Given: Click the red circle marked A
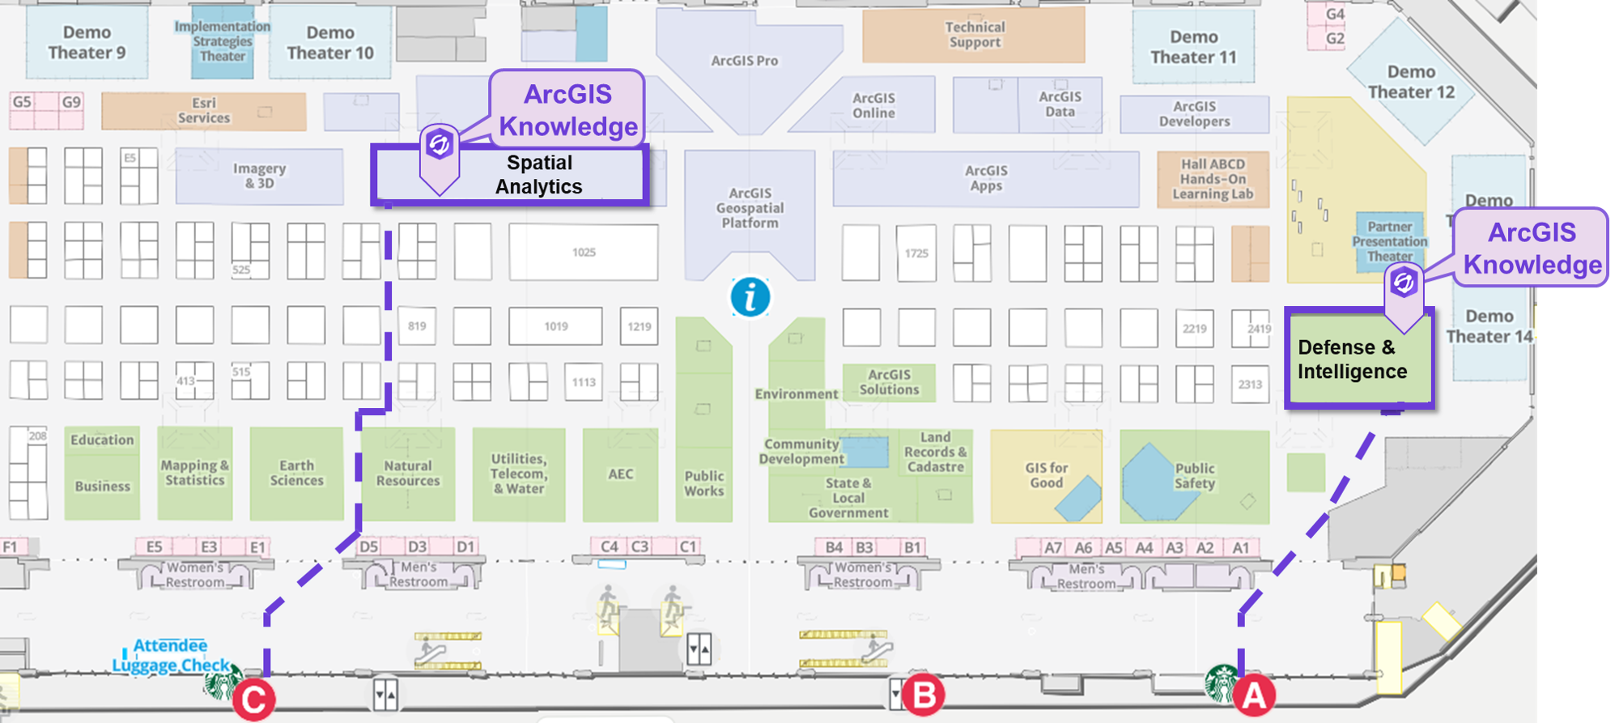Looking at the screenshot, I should (1254, 695).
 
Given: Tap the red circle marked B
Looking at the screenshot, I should (924, 695).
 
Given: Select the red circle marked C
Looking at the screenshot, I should (254, 700).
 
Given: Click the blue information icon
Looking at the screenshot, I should (750, 297).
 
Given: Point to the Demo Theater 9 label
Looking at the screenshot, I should (87, 43).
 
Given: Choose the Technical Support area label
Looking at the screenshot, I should (975, 35).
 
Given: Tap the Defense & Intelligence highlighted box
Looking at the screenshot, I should (1359, 359).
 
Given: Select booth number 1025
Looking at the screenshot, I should (584, 253).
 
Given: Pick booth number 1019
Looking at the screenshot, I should (555, 326).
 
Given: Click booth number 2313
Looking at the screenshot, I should (1250, 385).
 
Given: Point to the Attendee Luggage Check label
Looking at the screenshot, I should (171, 655).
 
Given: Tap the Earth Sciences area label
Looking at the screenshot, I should (296, 473).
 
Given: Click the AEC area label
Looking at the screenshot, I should (621, 474).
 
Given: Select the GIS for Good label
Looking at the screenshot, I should (1046, 475).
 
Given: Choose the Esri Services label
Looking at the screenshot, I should (204, 110).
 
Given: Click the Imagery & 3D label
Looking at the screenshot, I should (259, 176).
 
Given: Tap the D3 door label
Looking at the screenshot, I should (417, 547).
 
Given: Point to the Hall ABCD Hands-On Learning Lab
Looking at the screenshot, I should (1213, 179).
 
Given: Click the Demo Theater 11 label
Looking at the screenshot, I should (1193, 47).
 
